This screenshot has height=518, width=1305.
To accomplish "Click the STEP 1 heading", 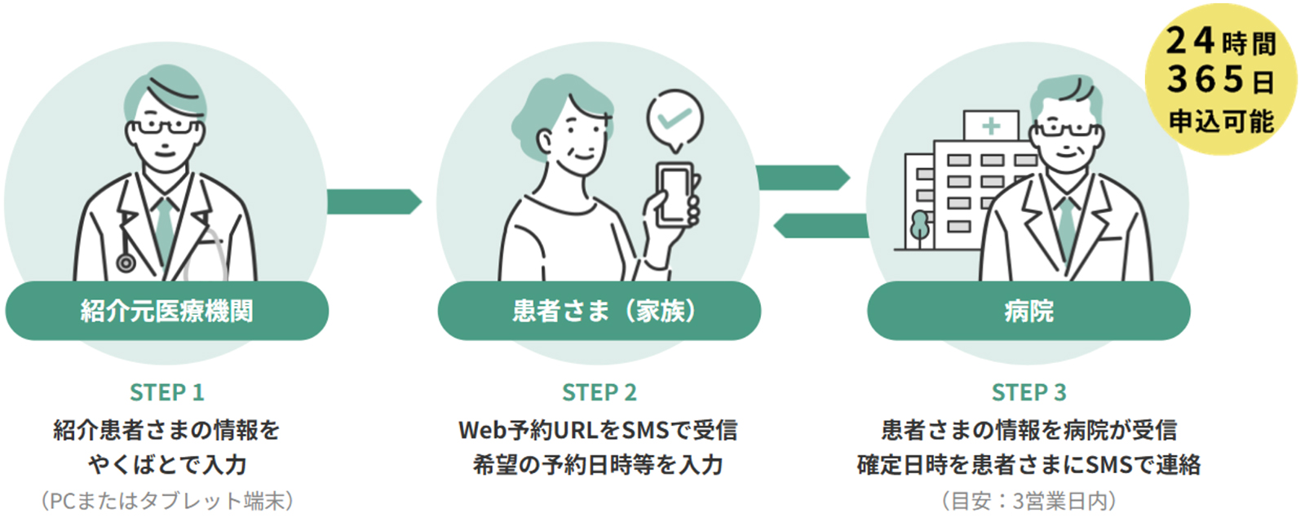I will click(166, 392).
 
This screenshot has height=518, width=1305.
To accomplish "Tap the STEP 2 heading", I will click(599, 392).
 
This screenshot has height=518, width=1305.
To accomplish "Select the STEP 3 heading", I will click(1029, 392).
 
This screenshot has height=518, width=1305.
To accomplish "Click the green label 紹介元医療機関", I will click(166, 311).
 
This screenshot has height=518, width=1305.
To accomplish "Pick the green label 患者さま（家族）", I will click(599, 311).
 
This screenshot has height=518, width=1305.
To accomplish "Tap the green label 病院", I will click(1029, 311).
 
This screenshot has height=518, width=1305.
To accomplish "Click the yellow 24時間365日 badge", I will click(1220, 80).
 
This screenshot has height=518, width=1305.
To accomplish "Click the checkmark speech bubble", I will click(675, 120).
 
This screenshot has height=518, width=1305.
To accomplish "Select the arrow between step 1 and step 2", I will click(374, 201).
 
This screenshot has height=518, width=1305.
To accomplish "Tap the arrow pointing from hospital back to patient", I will click(821, 226).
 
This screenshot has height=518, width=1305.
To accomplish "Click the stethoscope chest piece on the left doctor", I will click(126, 263).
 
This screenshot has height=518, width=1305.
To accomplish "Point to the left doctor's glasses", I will click(165, 127).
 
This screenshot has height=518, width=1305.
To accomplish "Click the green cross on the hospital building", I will click(991, 126).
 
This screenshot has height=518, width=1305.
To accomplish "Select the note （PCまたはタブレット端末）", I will click(166, 500).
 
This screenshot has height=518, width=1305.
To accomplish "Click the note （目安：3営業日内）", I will click(1029, 500).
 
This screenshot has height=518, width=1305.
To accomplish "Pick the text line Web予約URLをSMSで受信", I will click(599, 430).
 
